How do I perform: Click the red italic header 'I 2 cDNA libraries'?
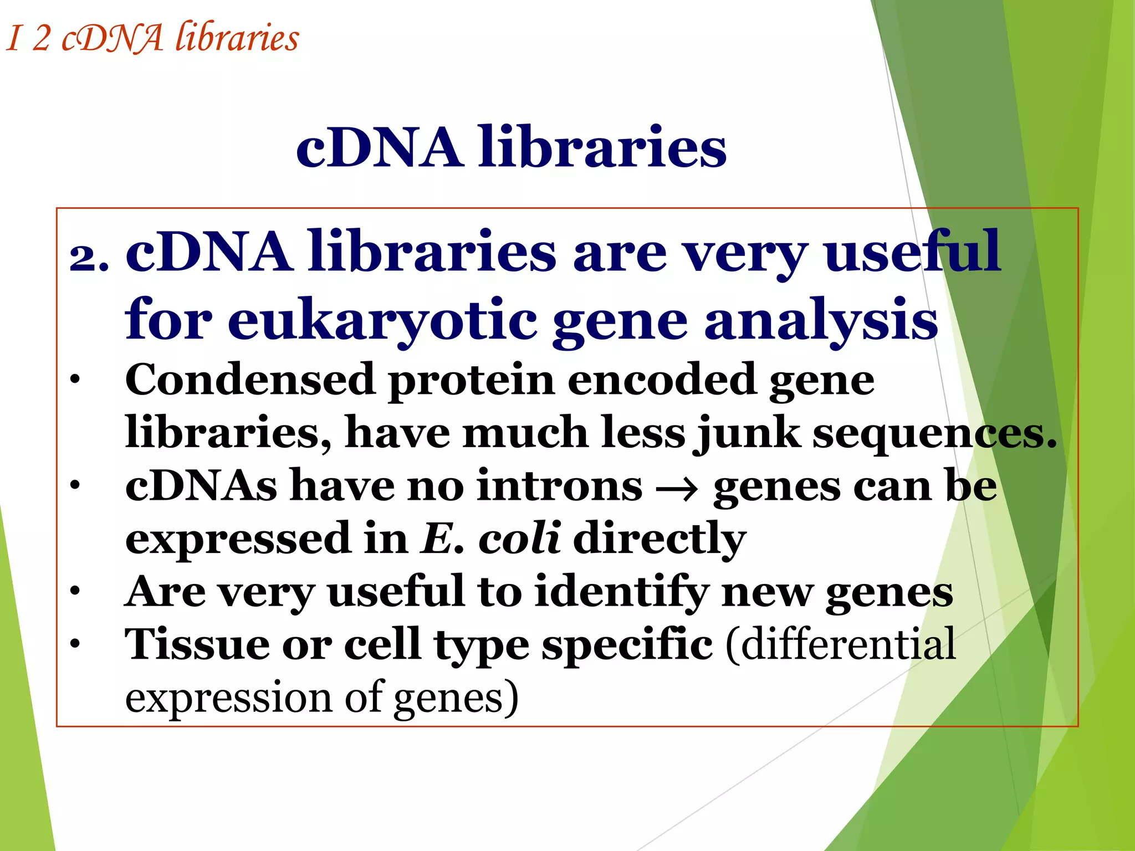152,38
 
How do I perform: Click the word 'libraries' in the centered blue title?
602,147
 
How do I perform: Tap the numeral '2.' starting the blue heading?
89,258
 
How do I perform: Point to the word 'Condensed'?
250,380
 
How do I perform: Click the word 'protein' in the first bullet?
471,381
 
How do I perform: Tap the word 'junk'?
748,433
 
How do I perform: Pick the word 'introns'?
559,485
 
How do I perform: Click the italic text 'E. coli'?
491,538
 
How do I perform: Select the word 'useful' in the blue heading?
912,252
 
